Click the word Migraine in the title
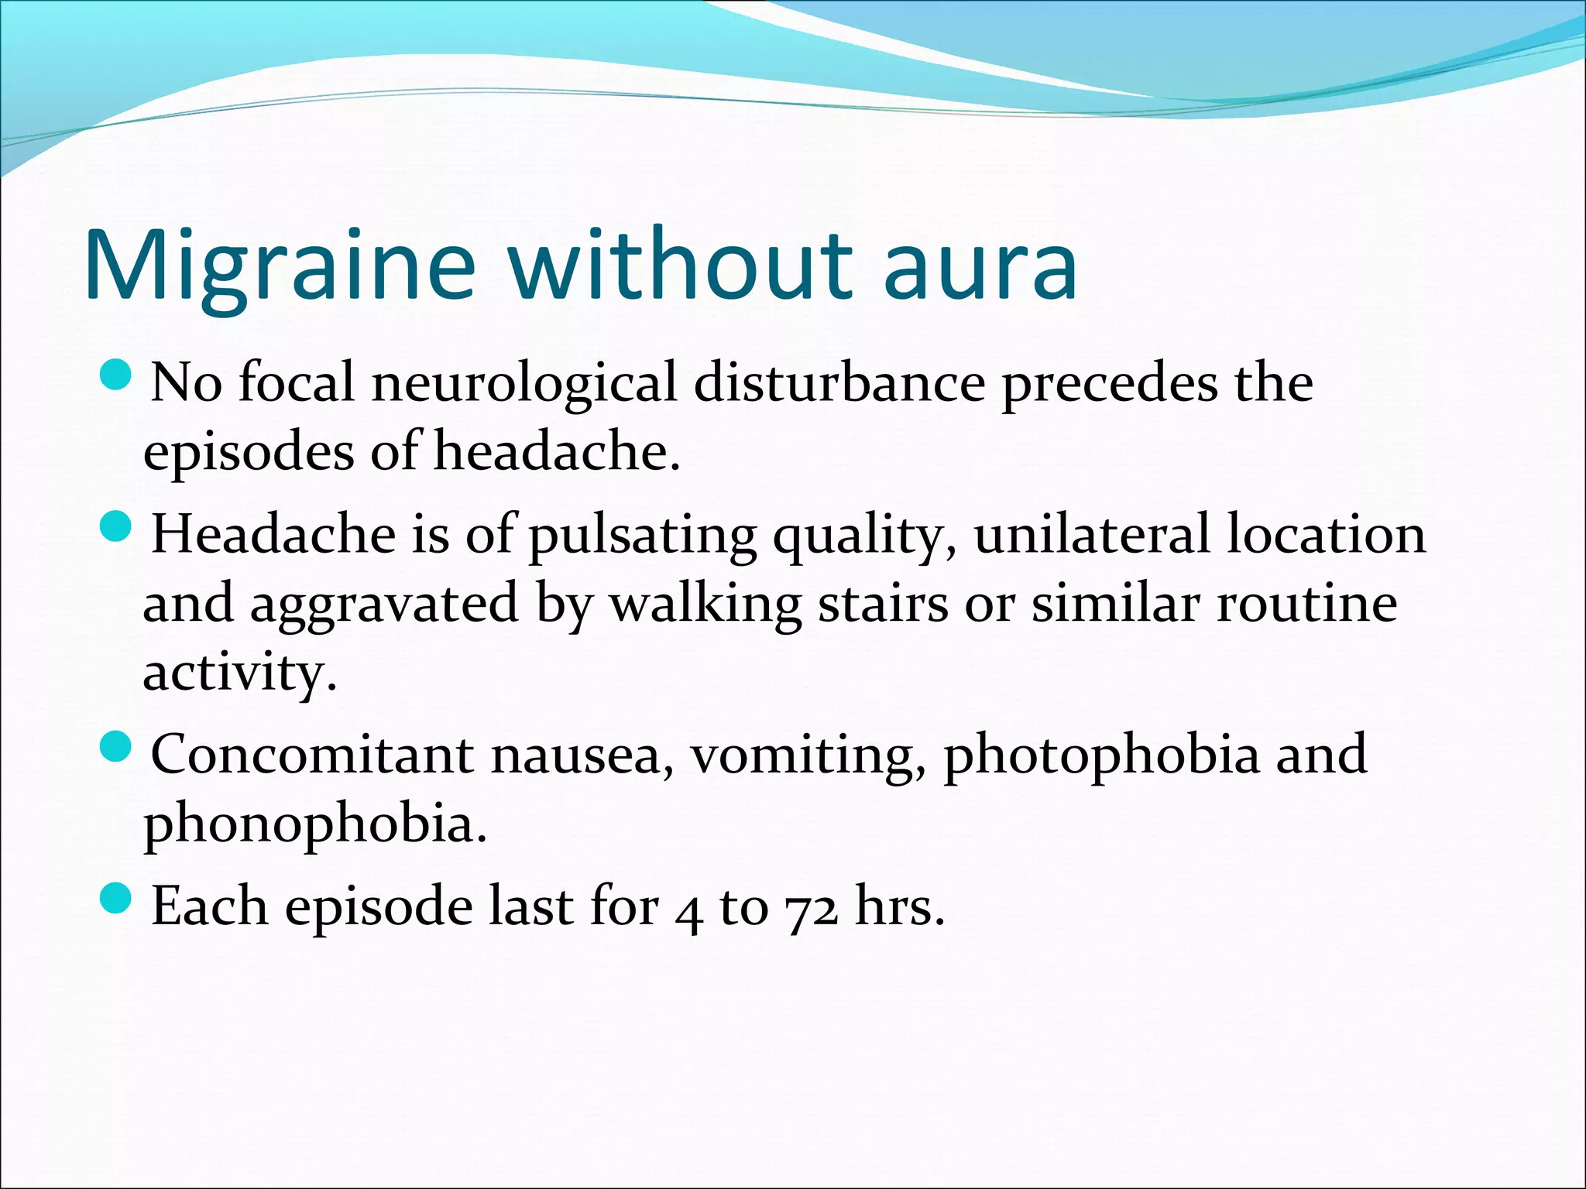coord(279,265)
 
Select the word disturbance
coord(839,383)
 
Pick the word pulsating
coord(643,536)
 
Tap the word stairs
coord(883,604)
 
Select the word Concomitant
coord(312,754)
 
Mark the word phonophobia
coord(314,824)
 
